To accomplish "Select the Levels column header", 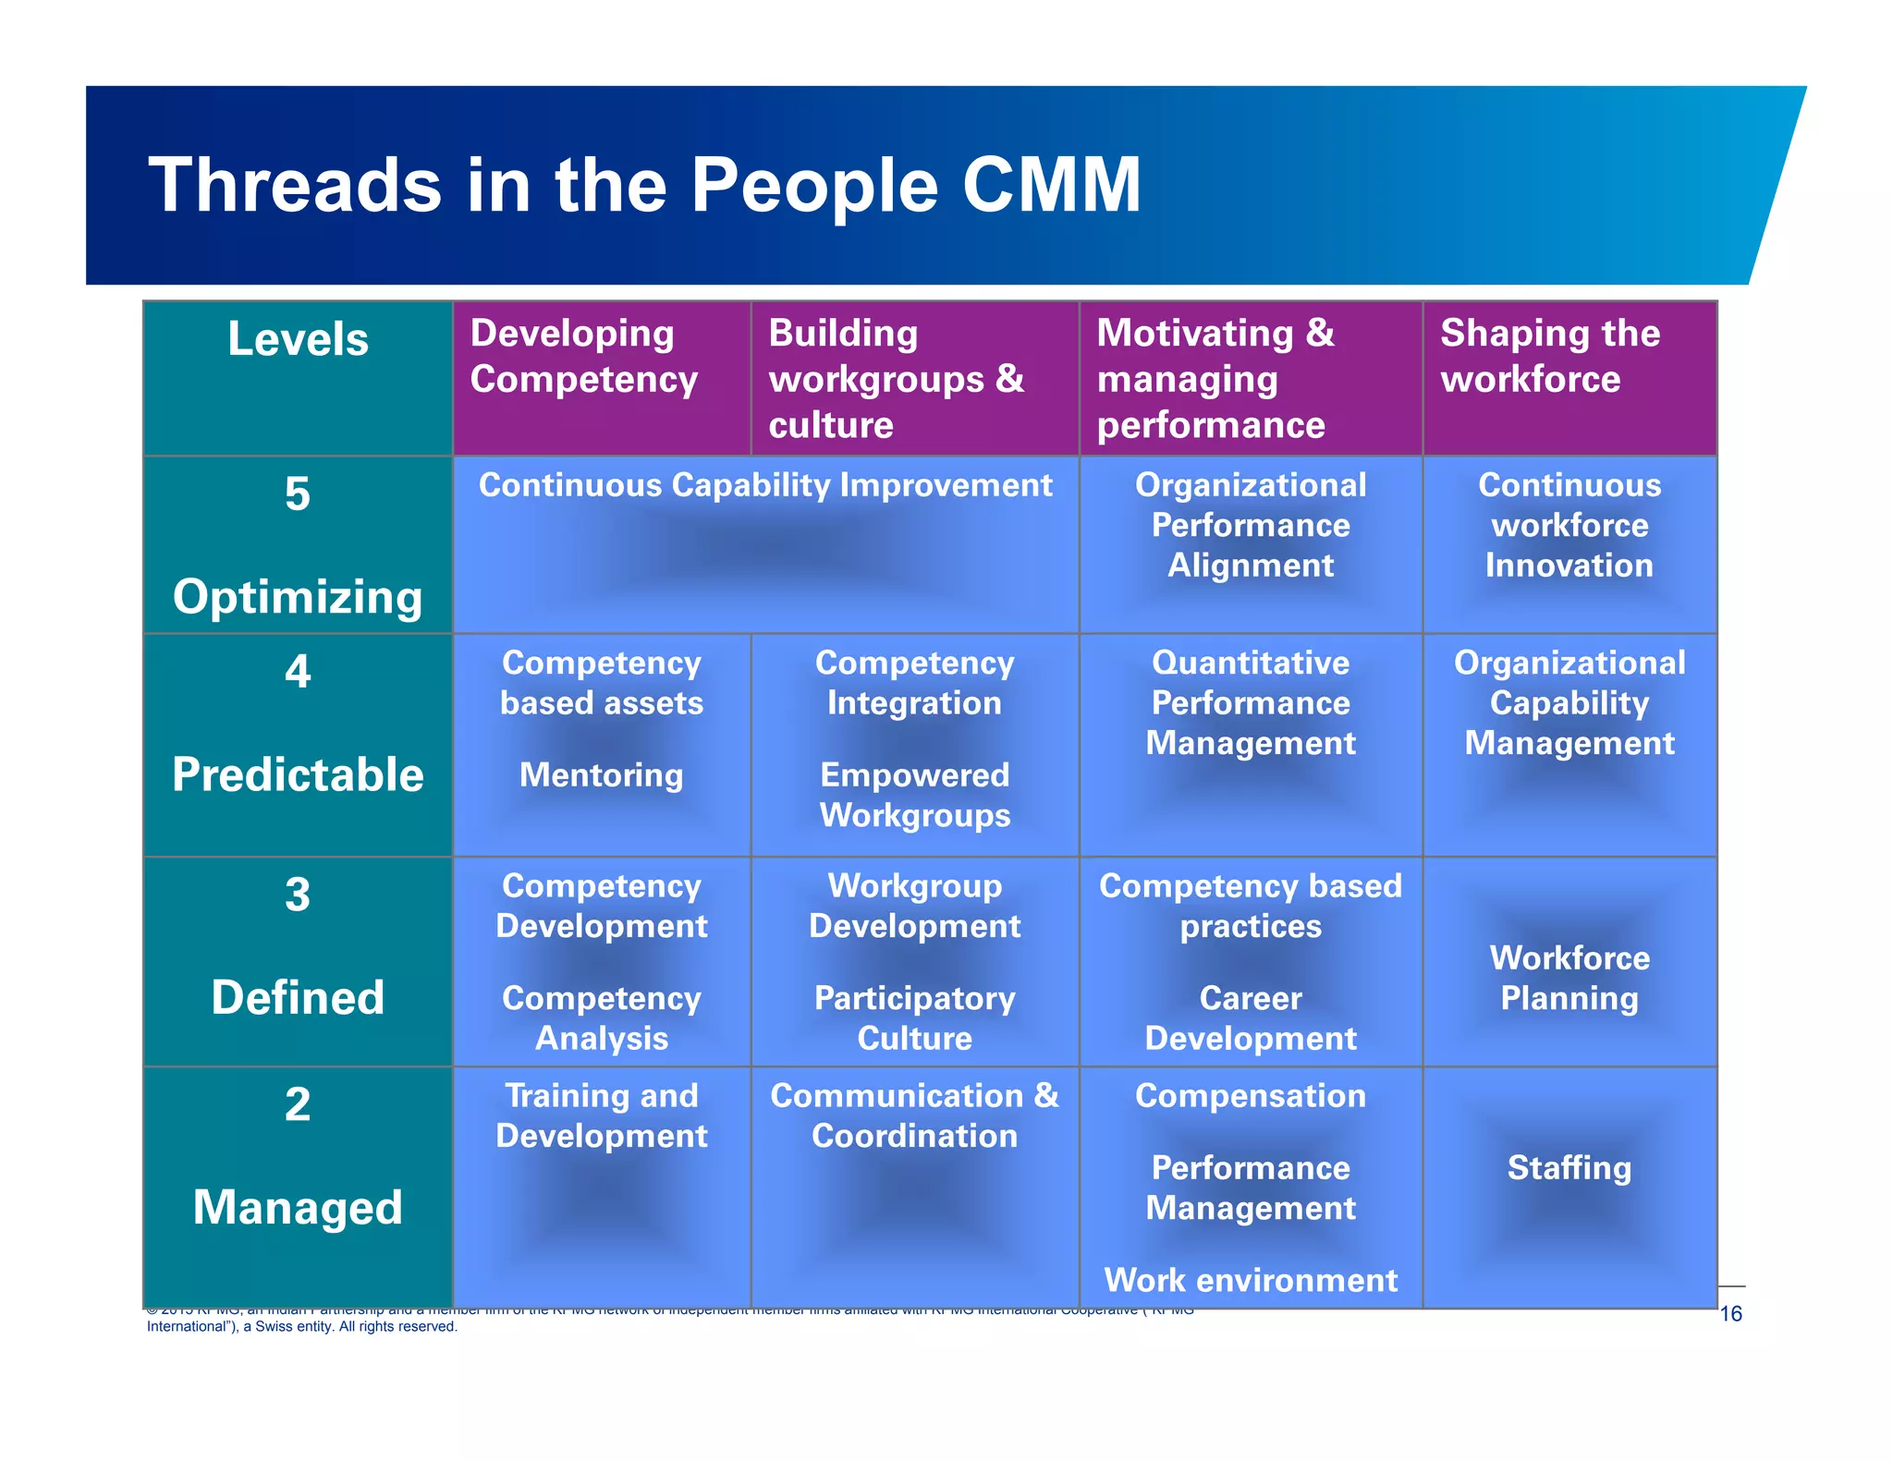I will click(x=298, y=339).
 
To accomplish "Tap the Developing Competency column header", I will click(x=583, y=357).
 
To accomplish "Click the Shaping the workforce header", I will click(x=1549, y=357).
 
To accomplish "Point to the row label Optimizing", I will click(x=298, y=596).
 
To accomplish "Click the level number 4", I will click(x=298, y=671).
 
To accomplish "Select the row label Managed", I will click(x=298, y=1207).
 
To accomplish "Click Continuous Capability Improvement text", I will click(x=765, y=485).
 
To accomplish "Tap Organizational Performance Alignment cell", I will click(x=1250, y=525).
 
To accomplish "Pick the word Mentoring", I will click(x=601, y=774).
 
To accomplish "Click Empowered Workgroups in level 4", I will click(x=914, y=795).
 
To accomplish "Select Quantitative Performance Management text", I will click(x=1250, y=702).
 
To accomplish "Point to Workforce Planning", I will click(x=1569, y=978).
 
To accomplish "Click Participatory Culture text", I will click(x=914, y=1017).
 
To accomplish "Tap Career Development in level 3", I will click(x=1250, y=1017).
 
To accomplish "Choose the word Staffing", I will click(x=1569, y=1167).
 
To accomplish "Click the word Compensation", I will click(x=1250, y=1096).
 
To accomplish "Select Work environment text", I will click(x=1250, y=1280).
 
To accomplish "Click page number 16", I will click(x=1730, y=1313).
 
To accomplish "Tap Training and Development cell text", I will click(x=601, y=1115).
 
